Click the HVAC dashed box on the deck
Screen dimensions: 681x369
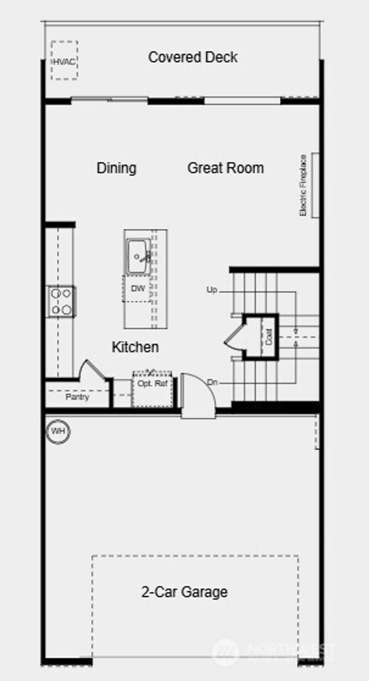(64, 60)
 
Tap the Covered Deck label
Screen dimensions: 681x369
(193, 57)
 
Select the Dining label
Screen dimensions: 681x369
(116, 168)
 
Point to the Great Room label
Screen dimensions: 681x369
(226, 168)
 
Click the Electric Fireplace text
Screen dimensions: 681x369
(303, 185)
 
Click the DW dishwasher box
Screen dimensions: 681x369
(137, 288)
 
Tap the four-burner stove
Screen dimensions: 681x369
(61, 302)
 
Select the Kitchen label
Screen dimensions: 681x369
(135, 347)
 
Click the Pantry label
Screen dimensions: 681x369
(77, 397)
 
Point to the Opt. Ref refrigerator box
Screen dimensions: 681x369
(152, 389)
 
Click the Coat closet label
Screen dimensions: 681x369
(269, 337)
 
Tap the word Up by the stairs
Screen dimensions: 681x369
(212, 289)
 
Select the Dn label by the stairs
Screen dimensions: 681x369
(212, 382)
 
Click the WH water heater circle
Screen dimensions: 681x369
(58, 431)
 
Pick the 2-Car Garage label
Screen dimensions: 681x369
(184, 592)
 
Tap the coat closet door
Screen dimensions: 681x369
(234, 337)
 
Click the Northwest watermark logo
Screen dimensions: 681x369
(225, 650)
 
